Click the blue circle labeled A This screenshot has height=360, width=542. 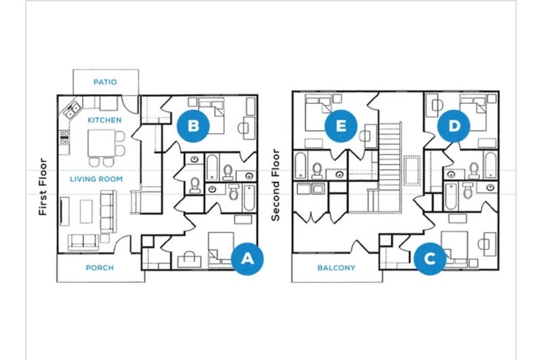247,259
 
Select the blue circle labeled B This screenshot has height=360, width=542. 193,125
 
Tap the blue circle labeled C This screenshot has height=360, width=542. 430,259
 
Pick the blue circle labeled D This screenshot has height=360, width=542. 454,126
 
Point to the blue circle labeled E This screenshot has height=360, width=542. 341,126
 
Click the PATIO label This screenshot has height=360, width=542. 105,82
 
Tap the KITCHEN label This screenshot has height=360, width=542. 104,120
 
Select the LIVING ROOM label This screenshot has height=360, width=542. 96,179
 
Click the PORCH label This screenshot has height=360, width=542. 100,268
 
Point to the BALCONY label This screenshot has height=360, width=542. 336,268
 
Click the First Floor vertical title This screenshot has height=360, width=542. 43,186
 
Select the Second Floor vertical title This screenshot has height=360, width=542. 275,185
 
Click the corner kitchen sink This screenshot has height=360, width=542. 72,109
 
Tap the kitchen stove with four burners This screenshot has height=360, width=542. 64,138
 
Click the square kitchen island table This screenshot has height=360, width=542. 101,143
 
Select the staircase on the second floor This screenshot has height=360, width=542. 390,167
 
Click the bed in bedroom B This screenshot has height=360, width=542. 211,115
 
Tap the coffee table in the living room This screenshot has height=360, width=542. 86,212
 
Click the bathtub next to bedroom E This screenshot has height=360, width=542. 300,165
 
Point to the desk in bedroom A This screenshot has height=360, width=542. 190,261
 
